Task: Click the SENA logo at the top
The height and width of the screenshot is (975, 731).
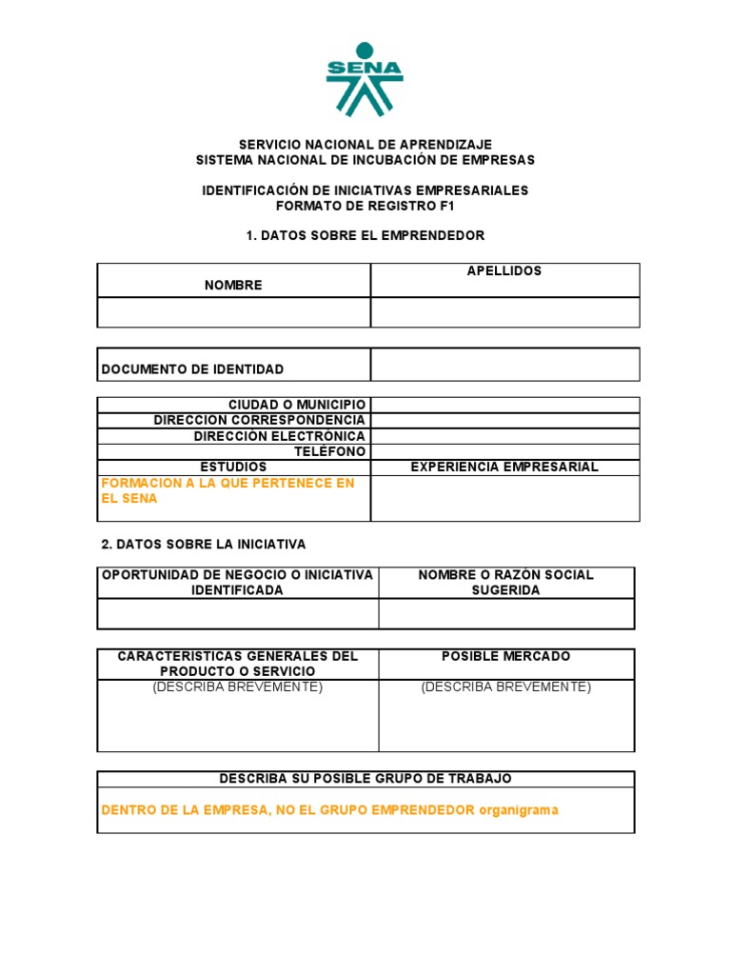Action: (x=365, y=79)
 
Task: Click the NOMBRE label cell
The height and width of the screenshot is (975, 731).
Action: (x=233, y=285)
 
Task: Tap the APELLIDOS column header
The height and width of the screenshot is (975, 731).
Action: (x=504, y=271)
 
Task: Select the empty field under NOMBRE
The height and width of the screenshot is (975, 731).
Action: (x=233, y=312)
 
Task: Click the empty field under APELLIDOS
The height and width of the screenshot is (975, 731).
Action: (x=504, y=312)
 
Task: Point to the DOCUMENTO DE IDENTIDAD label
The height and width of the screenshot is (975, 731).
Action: (x=192, y=369)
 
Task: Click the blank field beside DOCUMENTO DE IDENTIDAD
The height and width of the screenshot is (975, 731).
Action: (x=504, y=365)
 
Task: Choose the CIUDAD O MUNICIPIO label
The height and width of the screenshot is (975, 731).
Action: (x=296, y=406)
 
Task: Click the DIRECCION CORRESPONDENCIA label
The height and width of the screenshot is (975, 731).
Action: (x=259, y=420)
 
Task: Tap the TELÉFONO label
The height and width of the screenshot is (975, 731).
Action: (x=329, y=451)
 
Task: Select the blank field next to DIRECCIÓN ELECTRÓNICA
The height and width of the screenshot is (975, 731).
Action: (x=504, y=436)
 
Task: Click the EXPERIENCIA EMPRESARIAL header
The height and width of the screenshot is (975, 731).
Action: (x=504, y=467)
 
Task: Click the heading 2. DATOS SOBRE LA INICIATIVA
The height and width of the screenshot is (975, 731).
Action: (x=204, y=545)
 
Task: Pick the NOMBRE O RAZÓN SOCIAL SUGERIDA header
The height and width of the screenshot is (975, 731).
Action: (x=505, y=583)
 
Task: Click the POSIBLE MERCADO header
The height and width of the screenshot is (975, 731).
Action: (x=506, y=657)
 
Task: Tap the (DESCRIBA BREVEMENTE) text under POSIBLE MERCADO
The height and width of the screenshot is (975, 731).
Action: (x=506, y=687)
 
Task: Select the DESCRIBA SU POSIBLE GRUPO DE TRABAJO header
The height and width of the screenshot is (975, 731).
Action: (x=365, y=779)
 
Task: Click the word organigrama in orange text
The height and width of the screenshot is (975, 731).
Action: (x=519, y=810)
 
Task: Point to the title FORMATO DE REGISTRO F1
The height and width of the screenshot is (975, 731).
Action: (x=365, y=206)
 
